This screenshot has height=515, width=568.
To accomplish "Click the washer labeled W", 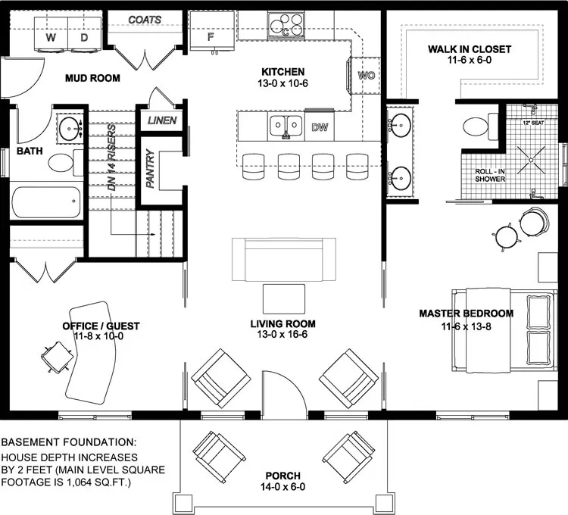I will pos(51,36).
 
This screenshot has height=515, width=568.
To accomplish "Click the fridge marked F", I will pos(211,35).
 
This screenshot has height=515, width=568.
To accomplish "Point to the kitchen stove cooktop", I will pos(286,26).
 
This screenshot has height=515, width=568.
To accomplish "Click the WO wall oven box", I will pos(365,76).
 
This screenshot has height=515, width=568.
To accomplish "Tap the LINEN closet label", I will pos(162,120).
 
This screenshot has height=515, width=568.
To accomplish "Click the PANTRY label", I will pos(150,169).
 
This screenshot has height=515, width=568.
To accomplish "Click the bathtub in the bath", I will pos(46,202).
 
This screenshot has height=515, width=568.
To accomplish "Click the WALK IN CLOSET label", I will pos(469,49).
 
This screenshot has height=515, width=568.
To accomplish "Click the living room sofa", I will pos(284,258).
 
